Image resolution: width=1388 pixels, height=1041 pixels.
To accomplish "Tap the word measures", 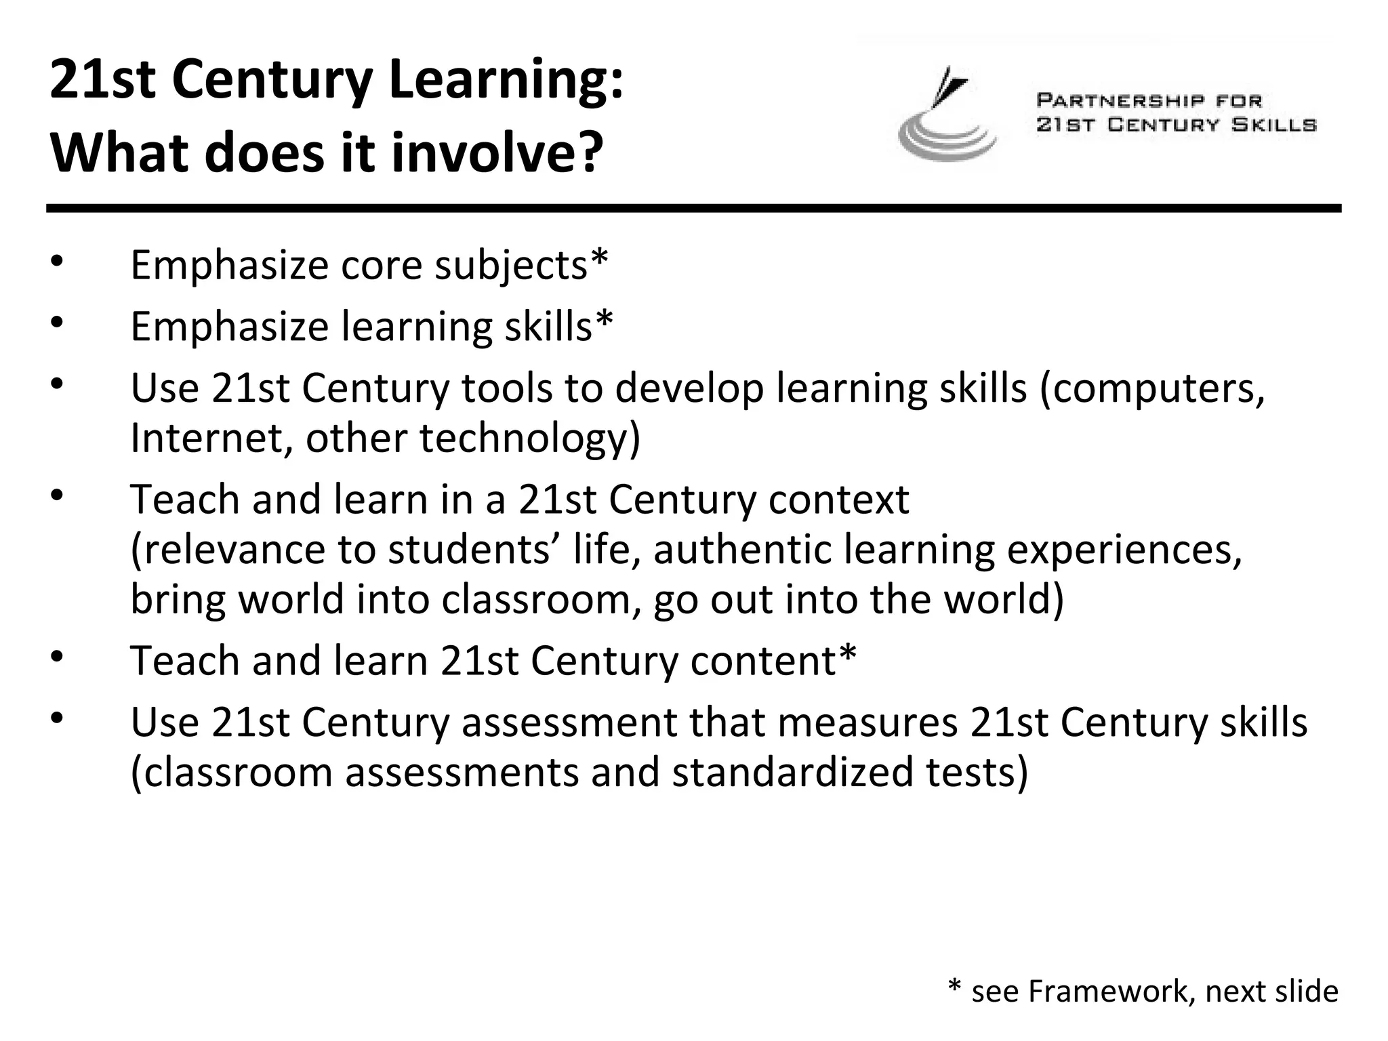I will pos(867,722).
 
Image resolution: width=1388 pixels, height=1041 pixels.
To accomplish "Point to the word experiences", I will pos(1124,549).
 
